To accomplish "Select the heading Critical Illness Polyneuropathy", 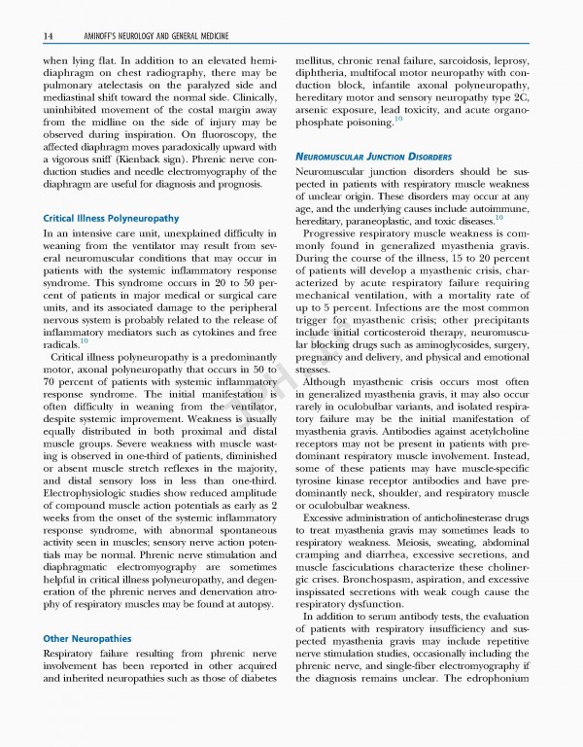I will pos(110,217).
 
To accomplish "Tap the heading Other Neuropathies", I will pos(86,638).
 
